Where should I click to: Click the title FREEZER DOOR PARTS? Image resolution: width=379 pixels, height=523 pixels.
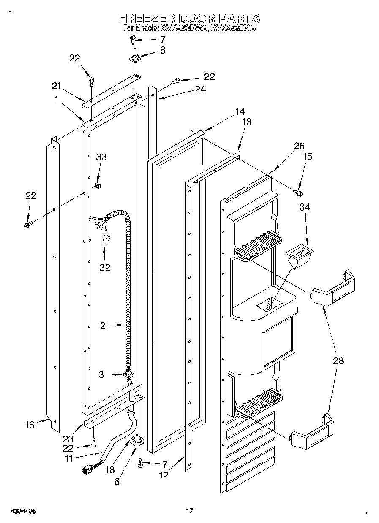(x=189, y=19)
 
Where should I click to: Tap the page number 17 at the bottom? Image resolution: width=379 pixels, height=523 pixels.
(x=190, y=511)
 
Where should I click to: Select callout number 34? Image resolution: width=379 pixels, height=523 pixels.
(x=305, y=207)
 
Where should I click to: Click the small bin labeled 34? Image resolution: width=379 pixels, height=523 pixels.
(x=300, y=256)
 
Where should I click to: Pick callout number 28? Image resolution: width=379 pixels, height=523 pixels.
(x=338, y=360)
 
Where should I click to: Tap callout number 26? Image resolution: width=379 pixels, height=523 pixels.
(x=299, y=146)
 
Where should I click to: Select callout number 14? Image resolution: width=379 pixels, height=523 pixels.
(x=240, y=111)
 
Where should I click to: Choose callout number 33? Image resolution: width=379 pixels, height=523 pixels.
(x=101, y=157)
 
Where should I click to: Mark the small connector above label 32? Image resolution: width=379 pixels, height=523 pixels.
(x=106, y=241)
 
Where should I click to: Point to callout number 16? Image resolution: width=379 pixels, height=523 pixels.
(x=30, y=424)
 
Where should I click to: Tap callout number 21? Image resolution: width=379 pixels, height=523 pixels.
(x=57, y=86)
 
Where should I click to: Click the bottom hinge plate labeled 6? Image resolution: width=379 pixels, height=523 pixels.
(x=136, y=441)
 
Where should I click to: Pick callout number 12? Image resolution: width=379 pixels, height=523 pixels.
(x=164, y=475)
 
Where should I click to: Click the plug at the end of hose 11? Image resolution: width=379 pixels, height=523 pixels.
(x=89, y=468)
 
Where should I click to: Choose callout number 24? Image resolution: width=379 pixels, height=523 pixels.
(x=200, y=89)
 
